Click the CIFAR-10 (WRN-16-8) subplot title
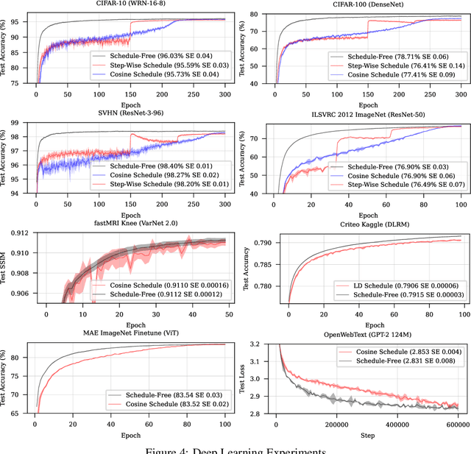coord(130,4)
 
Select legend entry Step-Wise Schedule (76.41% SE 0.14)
coord(393,64)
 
